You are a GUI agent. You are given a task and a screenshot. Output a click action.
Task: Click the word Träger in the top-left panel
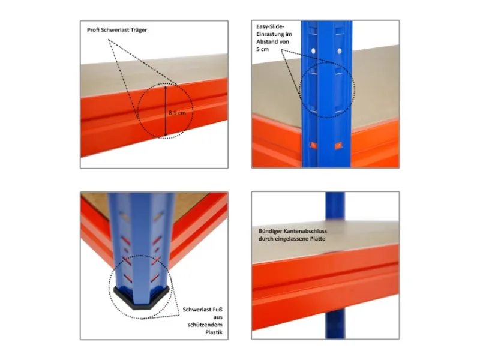[x=139, y=30]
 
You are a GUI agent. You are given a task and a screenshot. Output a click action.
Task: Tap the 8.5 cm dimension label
[x=177, y=113]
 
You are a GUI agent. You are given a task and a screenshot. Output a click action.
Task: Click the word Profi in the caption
[x=93, y=30]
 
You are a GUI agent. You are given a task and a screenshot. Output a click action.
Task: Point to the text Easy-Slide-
[x=271, y=26]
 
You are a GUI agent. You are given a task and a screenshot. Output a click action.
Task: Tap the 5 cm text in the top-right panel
[x=262, y=49]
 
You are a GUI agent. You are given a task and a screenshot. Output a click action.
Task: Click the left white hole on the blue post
[x=313, y=51]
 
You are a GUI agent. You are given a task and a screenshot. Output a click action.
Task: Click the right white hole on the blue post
[x=340, y=51]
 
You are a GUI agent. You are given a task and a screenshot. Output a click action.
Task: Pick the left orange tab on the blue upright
[x=313, y=145]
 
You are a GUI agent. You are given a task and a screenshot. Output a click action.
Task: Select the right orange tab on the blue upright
[x=338, y=145]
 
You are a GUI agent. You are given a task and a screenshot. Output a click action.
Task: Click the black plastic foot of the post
[x=142, y=298]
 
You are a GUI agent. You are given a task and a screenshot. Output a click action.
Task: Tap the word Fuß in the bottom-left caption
[x=217, y=310]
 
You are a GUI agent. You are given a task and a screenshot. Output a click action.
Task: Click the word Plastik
[x=214, y=332]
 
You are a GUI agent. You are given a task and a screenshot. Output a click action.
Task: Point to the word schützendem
[x=205, y=325]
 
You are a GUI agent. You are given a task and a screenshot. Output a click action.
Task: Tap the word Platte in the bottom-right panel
[x=317, y=239]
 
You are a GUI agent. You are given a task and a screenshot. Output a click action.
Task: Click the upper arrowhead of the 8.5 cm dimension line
[x=166, y=88]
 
